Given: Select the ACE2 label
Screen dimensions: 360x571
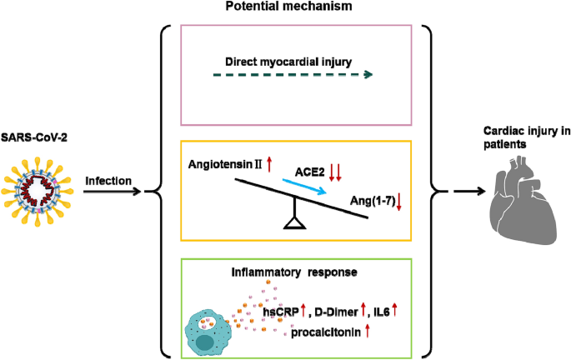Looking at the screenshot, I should (308, 172).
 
